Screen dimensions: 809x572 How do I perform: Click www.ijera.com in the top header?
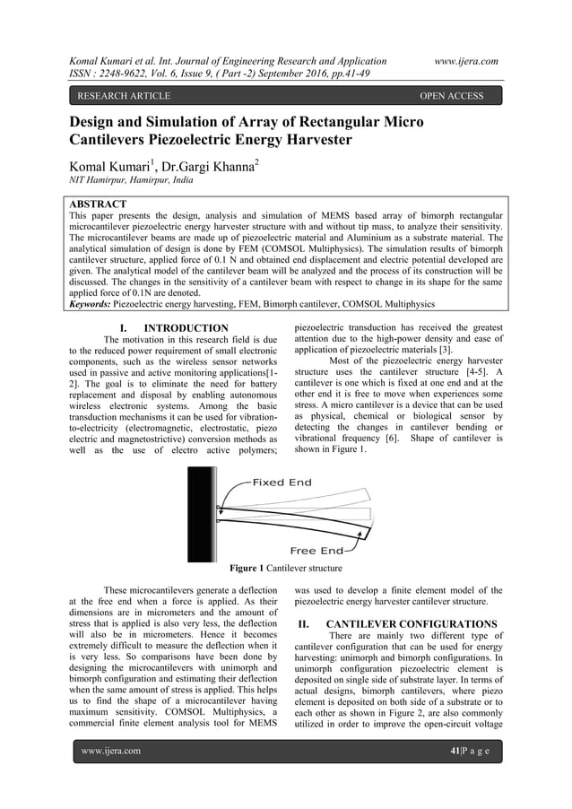465,60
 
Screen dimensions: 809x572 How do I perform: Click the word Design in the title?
100,122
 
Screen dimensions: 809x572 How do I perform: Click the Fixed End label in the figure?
282,483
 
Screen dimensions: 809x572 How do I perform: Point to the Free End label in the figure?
317,550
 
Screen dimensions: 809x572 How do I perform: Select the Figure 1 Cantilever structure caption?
285,568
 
